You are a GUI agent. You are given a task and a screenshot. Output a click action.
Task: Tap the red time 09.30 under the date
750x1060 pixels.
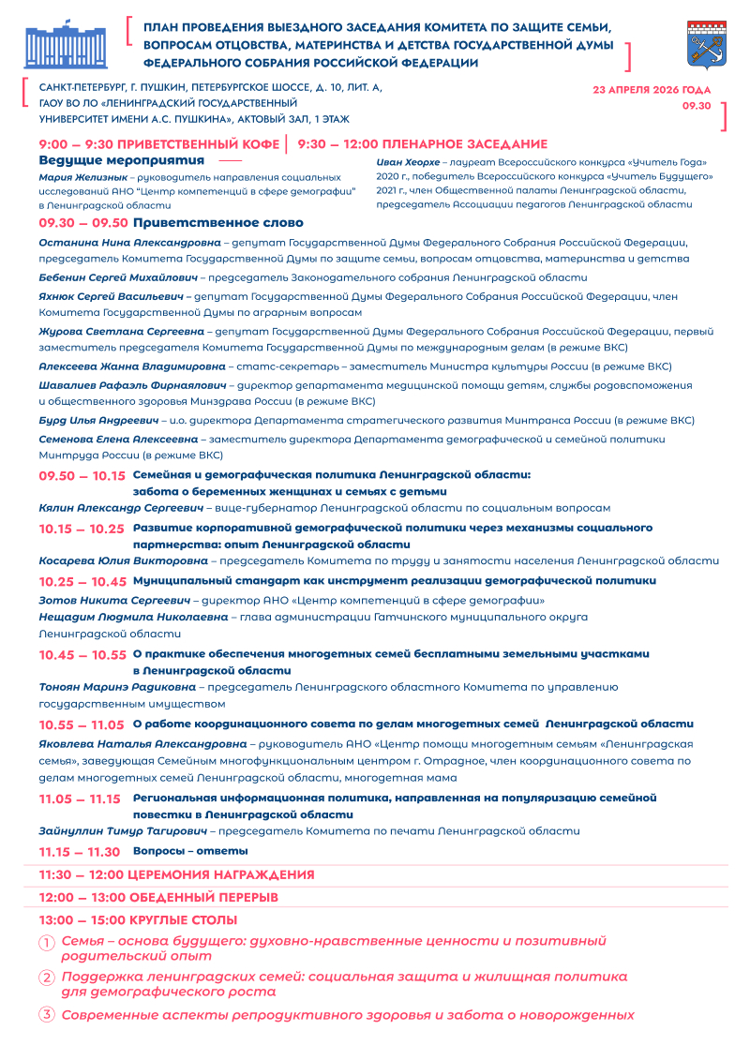click(697, 106)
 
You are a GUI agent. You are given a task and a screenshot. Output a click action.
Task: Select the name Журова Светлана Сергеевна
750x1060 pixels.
click(120, 331)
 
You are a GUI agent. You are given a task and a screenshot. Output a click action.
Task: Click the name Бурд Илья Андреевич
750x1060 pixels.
click(98, 420)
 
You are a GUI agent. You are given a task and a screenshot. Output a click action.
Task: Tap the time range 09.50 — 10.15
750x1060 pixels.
click(82, 476)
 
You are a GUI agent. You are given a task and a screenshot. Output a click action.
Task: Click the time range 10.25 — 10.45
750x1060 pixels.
click(82, 582)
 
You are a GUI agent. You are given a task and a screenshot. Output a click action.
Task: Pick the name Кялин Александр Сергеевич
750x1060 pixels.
click(121, 508)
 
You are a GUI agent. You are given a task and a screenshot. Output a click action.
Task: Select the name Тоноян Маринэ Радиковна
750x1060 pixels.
click(117, 687)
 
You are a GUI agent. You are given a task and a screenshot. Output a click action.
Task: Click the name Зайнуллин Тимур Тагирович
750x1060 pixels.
click(122, 830)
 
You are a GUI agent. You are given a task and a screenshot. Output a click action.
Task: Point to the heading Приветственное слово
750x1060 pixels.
click(218, 223)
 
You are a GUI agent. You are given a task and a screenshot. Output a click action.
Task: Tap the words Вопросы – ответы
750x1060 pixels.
click(190, 851)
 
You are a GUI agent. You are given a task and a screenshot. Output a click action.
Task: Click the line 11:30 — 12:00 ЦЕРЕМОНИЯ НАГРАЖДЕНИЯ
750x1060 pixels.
click(176, 874)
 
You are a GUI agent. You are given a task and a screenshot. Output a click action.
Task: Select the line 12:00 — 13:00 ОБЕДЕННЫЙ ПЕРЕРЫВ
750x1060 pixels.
click(158, 897)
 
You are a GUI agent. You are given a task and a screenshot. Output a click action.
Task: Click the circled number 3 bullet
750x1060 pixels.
click(46, 1015)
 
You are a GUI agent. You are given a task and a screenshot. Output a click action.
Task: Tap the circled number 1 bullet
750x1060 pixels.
click(46, 942)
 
